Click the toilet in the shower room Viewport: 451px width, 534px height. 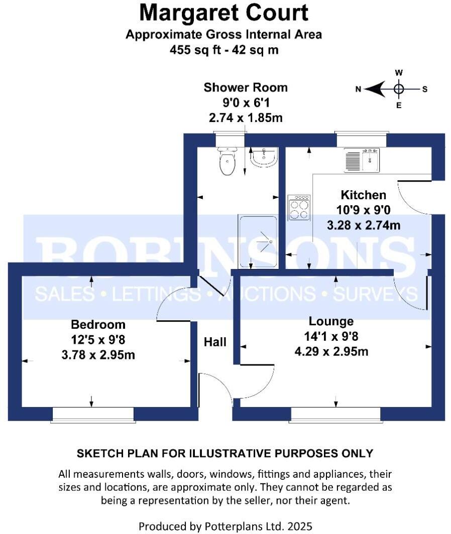point(227,161)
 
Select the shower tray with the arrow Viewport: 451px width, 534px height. point(258,241)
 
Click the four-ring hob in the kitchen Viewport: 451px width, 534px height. point(299,207)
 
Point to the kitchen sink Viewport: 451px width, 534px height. point(362,160)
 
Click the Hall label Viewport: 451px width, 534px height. point(215,342)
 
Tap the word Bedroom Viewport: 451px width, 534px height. point(98,324)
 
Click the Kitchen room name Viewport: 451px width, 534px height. point(364,195)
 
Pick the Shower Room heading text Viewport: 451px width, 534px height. point(246,88)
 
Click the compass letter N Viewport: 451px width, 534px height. point(359,89)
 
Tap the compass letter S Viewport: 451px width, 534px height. point(424,89)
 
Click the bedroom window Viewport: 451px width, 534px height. point(93,414)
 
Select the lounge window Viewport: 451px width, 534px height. point(335,414)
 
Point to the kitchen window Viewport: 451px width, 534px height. point(362,140)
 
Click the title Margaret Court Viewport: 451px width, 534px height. point(223,13)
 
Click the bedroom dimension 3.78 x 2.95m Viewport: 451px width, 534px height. point(98,355)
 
